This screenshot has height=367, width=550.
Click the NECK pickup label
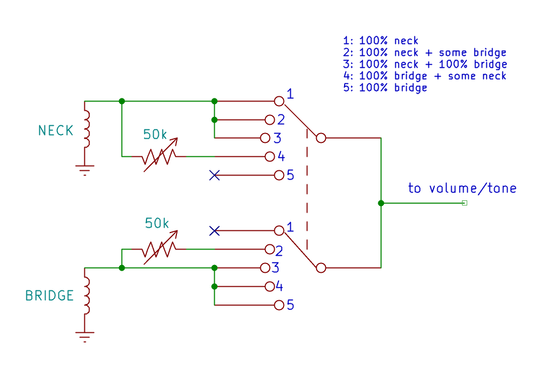pos(55,130)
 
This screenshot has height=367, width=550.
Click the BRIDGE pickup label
pos(50,296)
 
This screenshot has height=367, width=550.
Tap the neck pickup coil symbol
pos(86,129)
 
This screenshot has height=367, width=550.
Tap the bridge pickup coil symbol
pos(86,295)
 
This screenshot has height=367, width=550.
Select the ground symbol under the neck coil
pos(84,170)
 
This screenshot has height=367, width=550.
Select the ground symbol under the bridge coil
pos(84,337)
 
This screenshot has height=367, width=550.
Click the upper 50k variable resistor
pos(159,156)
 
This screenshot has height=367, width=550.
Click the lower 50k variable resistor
pos(159,249)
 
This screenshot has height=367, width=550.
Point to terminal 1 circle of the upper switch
pos(279,101)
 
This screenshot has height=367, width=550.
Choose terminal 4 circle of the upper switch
pos(270,156)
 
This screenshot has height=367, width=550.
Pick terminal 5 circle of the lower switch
pos(279,305)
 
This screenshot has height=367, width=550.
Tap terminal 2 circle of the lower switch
pos(270,249)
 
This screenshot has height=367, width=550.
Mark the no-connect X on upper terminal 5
pos(214,175)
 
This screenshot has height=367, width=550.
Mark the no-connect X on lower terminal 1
pos(214,231)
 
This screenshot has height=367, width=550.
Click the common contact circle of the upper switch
pos(321,138)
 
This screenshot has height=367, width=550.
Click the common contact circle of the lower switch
pos(321,268)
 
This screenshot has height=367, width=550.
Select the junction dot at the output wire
pos(381,203)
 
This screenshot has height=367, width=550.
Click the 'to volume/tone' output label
pos(463,188)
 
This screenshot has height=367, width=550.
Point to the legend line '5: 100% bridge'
pos(385,87)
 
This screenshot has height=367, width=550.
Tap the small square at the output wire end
pos(465,203)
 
